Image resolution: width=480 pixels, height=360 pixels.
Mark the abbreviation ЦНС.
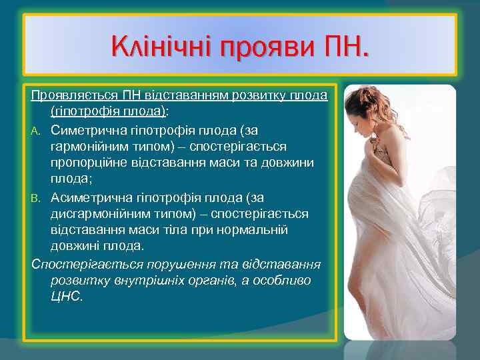(66, 297)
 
